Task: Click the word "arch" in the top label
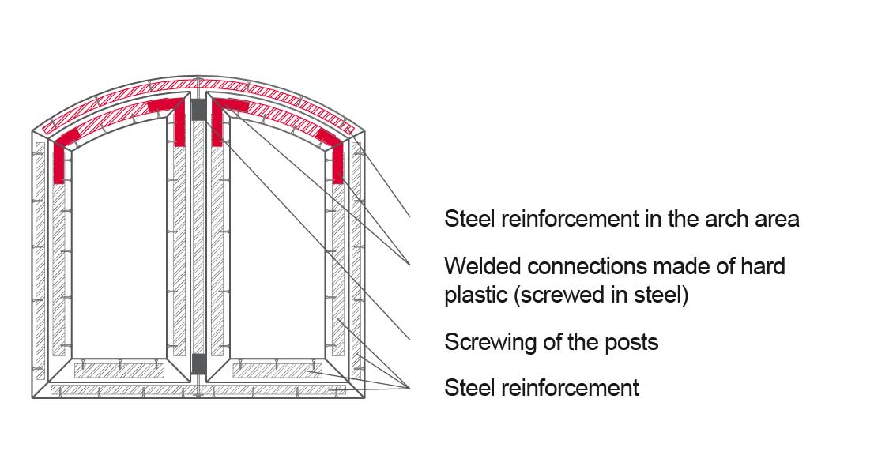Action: pyautogui.click(x=727, y=219)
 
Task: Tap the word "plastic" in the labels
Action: pyautogui.click(x=475, y=295)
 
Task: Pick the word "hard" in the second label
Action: pyautogui.click(x=763, y=266)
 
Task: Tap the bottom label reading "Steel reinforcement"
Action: pyautogui.click(x=541, y=388)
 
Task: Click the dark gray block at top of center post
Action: pyautogui.click(x=198, y=111)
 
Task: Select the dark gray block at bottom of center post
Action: pyautogui.click(x=198, y=363)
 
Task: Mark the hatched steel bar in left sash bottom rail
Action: pyautogui.click(x=119, y=371)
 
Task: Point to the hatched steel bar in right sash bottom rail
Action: pyautogui.click(x=277, y=371)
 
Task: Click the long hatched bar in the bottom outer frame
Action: pyautogui.click(x=198, y=390)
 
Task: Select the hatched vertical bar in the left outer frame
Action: pyautogui.click(x=40, y=261)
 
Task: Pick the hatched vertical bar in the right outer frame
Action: pyautogui.click(x=356, y=261)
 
